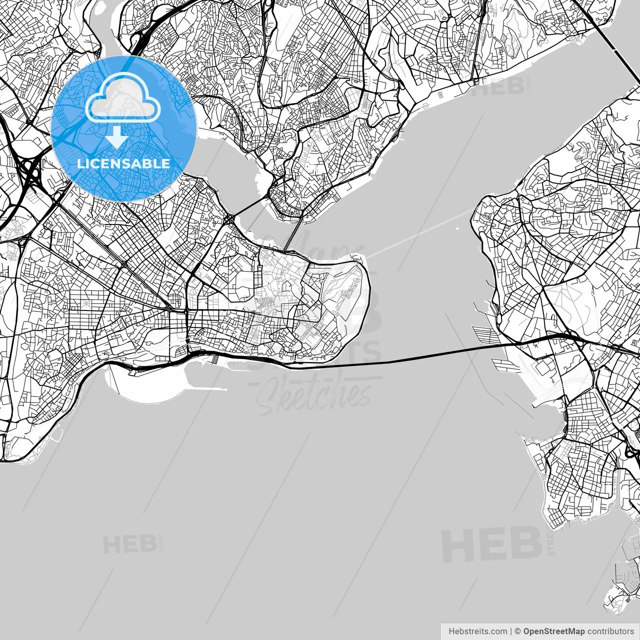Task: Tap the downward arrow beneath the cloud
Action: [x=117, y=137]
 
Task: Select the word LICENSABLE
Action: [x=123, y=163]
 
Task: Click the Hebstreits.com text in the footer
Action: [x=477, y=631]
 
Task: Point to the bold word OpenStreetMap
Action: [x=553, y=631]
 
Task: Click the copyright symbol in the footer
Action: [x=518, y=631]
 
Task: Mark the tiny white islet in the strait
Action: [x=458, y=229]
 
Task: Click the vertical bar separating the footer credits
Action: [x=511, y=631]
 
